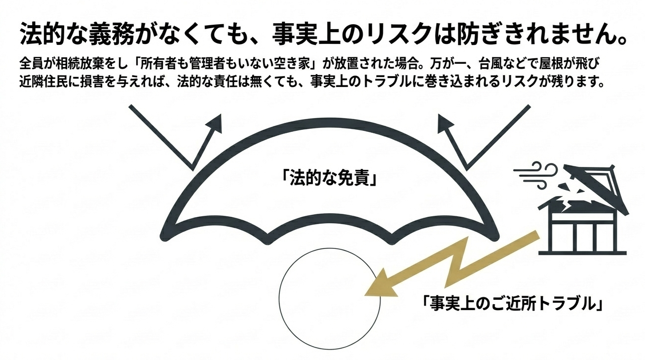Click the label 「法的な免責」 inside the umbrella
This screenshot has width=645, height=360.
tap(330, 177)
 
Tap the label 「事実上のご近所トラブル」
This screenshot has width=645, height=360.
tap(514, 303)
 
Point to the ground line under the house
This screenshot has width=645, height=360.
tap(582, 252)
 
